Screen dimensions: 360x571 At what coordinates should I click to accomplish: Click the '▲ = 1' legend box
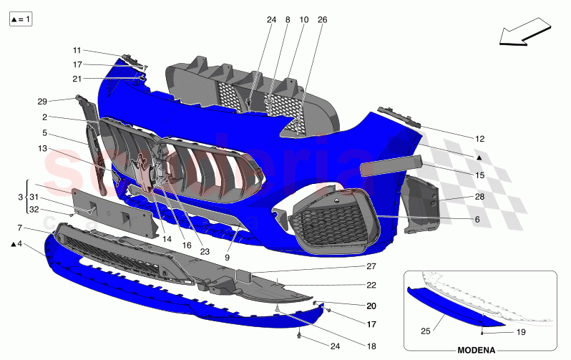click(x=20, y=20)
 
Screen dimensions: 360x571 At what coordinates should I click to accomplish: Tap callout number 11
click(x=77, y=50)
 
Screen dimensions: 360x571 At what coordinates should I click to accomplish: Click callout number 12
click(x=479, y=138)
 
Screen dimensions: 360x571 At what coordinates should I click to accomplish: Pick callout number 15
click(x=479, y=175)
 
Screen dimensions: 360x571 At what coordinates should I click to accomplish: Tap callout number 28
click(x=479, y=195)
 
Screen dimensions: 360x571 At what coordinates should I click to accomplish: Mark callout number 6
click(x=477, y=220)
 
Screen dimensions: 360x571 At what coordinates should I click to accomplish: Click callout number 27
click(x=371, y=266)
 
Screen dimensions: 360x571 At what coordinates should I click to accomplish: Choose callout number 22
click(x=371, y=285)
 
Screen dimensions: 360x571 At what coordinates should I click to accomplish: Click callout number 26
click(x=322, y=21)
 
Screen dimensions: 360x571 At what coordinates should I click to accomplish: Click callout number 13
click(x=44, y=148)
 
